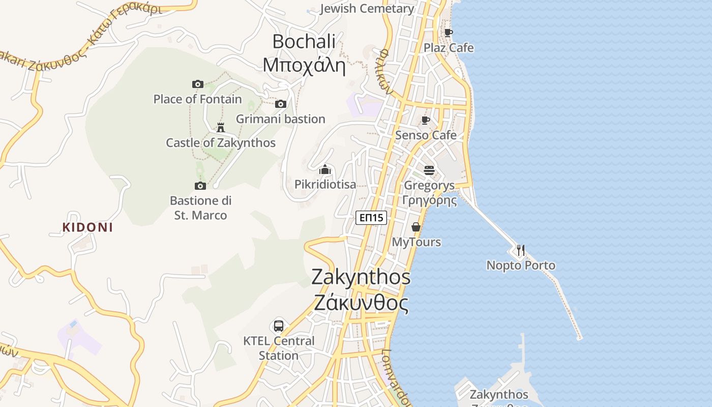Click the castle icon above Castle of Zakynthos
tap(221, 127)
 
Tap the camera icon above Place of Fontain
tap(198, 84)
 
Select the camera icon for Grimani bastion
tap(280, 104)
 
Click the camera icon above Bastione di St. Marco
tap(200, 186)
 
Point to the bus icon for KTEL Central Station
tap(279, 326)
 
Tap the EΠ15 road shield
tap(371, 218)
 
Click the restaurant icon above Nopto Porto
tap(520, 250)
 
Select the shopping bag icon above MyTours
tap(416, 227)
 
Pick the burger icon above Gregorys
tap(429, 170)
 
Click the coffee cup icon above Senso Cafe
tap(426, 120)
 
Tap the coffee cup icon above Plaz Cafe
tap(448, 33)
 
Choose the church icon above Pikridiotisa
tap(325, 169)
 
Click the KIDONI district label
tap(87, 227)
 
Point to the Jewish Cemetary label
tap(367, 9)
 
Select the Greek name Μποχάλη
tap(304, 66)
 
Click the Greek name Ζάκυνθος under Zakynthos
tap(361, 303)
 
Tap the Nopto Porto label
tap(521, 266)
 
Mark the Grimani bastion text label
tap(280, 119)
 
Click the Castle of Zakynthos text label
tap(221, 143)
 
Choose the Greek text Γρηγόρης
tap(430, 200)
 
